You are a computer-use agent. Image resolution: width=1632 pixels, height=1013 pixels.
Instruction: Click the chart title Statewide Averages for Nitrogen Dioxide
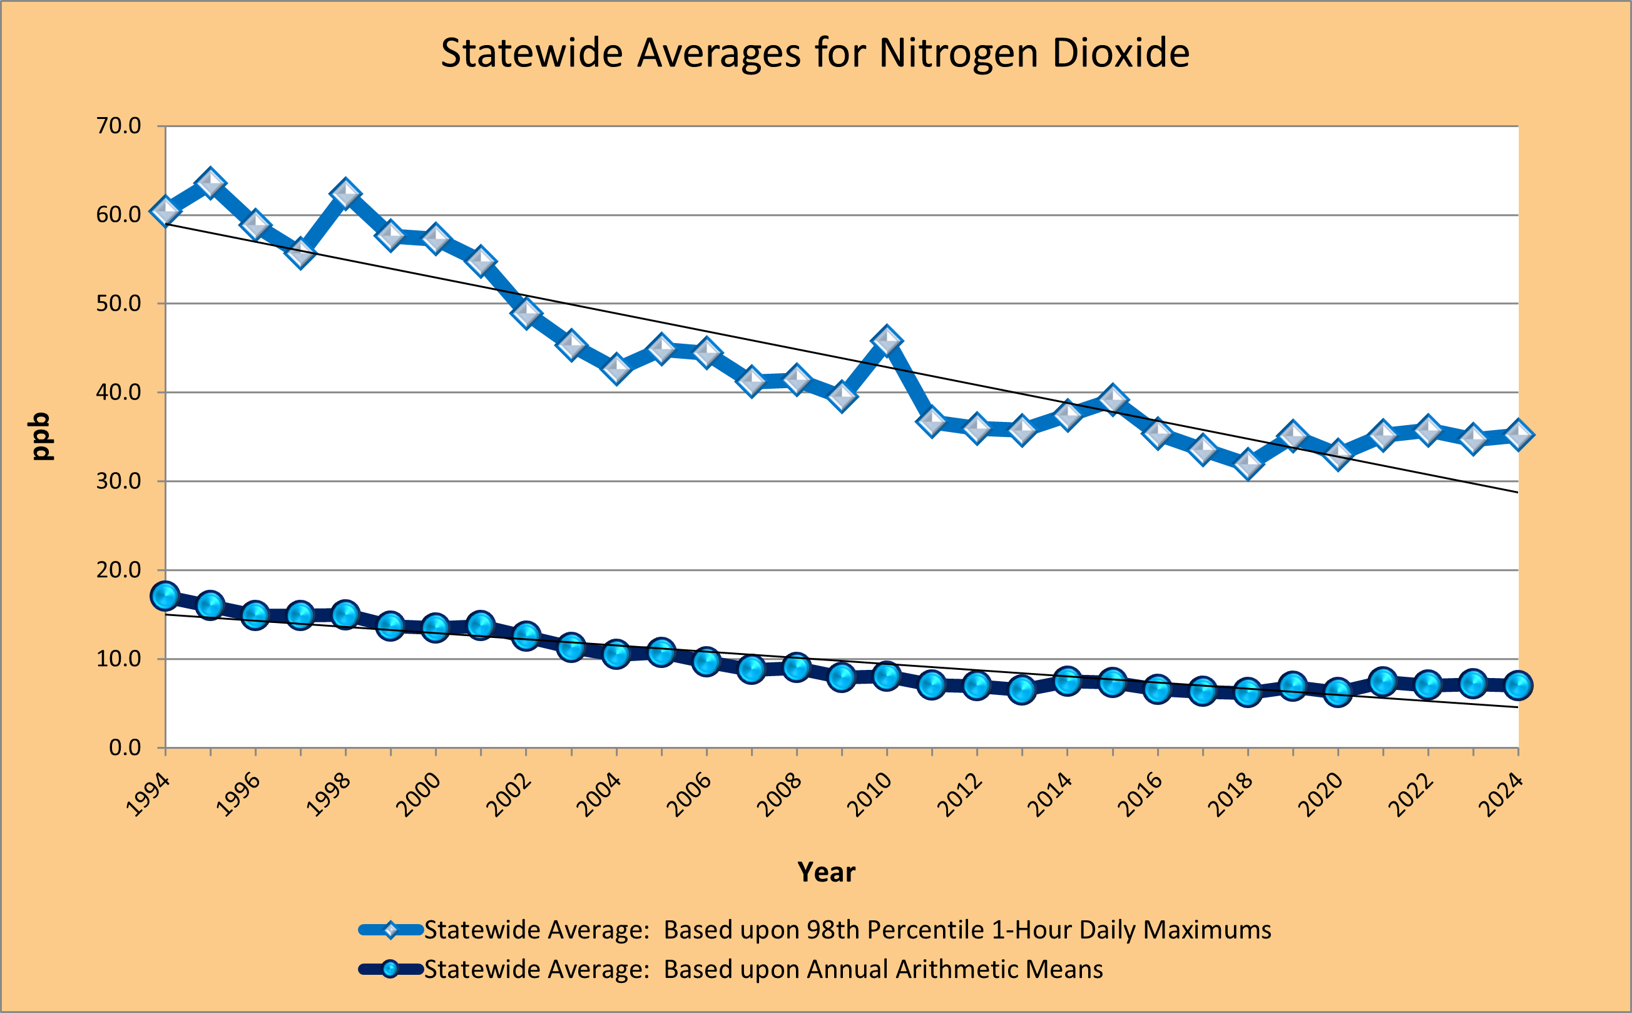point(815,53)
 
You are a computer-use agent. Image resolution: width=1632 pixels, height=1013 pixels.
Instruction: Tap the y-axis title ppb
point(41,436)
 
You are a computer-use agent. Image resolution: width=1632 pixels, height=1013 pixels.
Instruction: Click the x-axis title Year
point(827,872)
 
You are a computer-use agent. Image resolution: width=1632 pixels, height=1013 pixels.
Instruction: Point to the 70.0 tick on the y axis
point(118,126)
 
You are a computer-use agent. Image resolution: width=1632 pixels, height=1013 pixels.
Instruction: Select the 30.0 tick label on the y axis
point(118,481)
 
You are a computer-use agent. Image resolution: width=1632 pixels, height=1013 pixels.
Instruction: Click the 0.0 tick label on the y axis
point(125,748)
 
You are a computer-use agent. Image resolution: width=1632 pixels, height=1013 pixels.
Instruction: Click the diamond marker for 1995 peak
point(210,183)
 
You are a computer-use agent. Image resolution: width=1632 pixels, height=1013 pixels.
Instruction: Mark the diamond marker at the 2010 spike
point(887,341)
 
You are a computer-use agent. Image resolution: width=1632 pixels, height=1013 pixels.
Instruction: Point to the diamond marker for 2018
point(1248,463)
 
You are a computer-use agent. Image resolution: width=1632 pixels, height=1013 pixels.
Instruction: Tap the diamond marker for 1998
point(345,193)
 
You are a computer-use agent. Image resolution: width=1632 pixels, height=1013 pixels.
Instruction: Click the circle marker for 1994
point(165,595)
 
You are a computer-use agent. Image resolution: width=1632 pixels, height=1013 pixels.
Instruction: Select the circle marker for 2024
point(1518,686)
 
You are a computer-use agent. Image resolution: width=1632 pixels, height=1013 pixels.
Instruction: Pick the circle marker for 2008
point(796,667)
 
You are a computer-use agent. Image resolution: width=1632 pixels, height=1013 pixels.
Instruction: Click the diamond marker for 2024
point(1518,434)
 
